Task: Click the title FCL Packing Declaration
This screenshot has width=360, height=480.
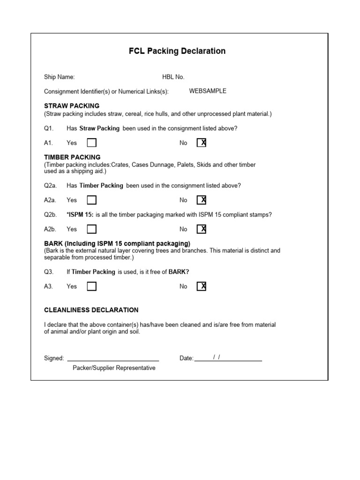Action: coord(177,51)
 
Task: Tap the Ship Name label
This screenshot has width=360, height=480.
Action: coord(59,77)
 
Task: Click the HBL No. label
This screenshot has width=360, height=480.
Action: coord(173,77)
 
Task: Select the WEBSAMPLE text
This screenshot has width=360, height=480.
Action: coord(208,91)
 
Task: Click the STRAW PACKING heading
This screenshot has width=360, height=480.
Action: coord(72,106)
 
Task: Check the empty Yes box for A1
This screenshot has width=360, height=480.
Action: coord(92,143)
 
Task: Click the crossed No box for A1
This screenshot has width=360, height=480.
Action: coord(202,143)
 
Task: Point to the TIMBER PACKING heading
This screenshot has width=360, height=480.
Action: coord(72,157)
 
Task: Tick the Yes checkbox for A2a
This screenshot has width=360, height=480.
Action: coord(92,200)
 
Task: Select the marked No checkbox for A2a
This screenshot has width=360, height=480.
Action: coord(202,200)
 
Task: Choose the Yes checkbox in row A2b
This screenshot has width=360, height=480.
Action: coord(92,229)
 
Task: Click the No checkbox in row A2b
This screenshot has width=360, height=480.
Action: coord(202,229)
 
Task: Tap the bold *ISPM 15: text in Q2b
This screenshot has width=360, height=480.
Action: coord(80,215)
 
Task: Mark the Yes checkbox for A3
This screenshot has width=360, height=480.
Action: coord(92,286)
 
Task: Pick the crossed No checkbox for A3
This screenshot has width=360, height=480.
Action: coord(202,286)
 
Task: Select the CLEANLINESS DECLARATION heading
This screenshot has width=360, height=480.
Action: coord(91,310)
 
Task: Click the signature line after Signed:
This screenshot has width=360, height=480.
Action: coord(113,360)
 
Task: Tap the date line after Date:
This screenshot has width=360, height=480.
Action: coord(228,360)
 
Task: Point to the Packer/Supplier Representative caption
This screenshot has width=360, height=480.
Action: coord(114,368)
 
